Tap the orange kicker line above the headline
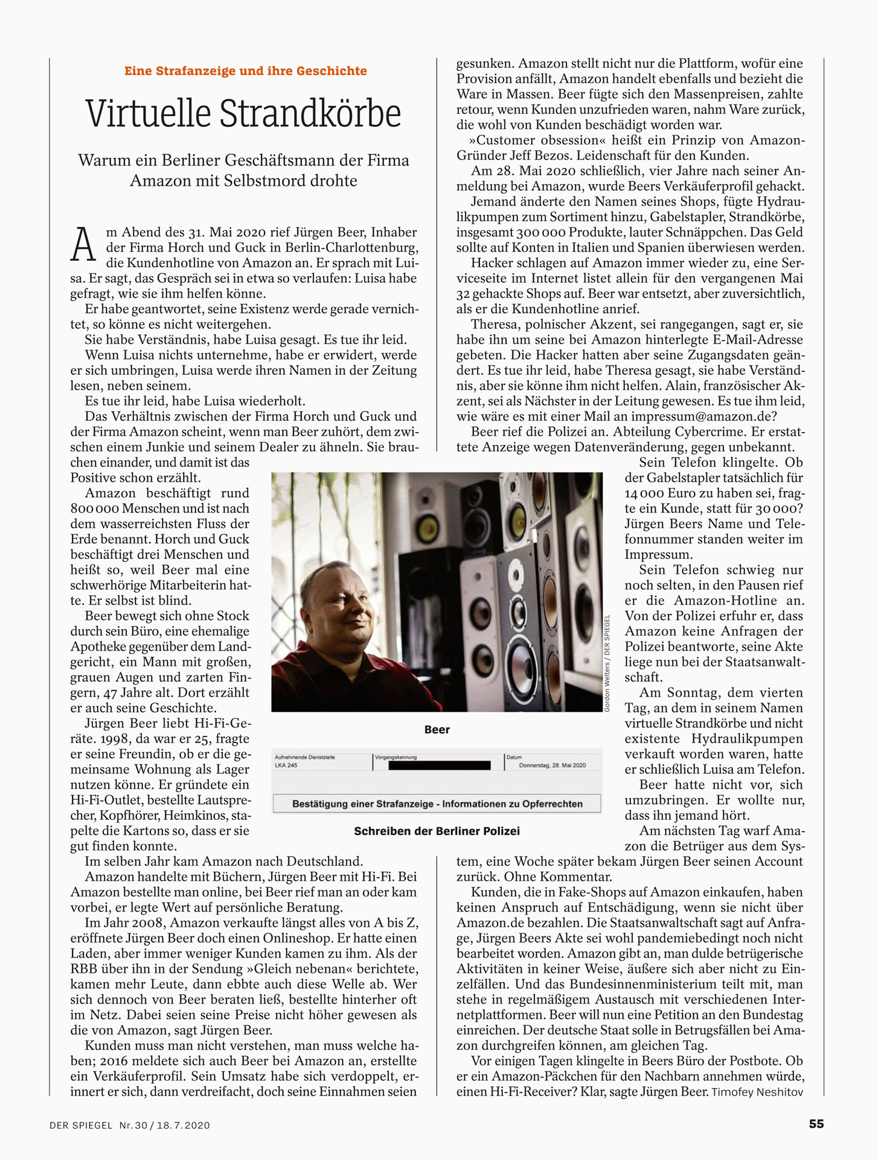click(245, 71)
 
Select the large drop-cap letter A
click(83, 245)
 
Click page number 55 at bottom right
click(816, 1124)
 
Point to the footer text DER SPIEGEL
click(81, 1125)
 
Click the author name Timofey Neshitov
click(757, 1092)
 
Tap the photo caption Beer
click(437, 729)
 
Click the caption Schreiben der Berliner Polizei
click(437, 831)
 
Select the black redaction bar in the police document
click(439, 765)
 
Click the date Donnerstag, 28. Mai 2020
click(552, 765)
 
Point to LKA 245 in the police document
click(286, 765)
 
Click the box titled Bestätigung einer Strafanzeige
click(437, 804)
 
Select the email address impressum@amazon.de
click(703, 416)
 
